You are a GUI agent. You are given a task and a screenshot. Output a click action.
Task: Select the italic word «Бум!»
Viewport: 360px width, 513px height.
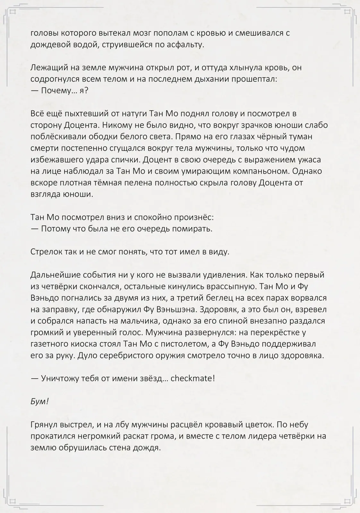click(x=39, y=401)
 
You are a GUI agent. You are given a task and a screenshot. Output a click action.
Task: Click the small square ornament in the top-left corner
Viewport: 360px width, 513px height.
click(x=13, y=12)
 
